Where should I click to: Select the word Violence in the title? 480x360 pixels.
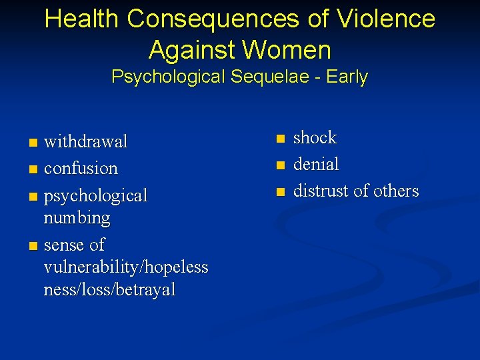pyautogui.click(x=387, y=19)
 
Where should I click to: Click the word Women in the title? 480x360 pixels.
pyautogui.click(x=289, y=50)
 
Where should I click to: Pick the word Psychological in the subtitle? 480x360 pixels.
pyautogui.click(x=169, y=77)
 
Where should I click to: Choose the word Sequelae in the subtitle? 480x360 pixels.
pyautogui.click(x=271, y=77)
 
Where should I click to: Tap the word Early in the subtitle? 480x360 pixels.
pyautogui.click(x=347, y=77)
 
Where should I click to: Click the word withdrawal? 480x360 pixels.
pyautogui.click(x=85, y=142)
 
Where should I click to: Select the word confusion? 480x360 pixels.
pyautogui.click(x=81, y=169)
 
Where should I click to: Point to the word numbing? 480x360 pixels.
pyautogui.click(x=77, y=218)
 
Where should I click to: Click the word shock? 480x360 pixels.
pyautogui.click(x=315, y=138)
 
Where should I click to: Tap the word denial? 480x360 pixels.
pyautogui.click(x=316, y=164)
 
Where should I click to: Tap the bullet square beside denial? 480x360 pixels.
pyautogui.click(x=281, y=165)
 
